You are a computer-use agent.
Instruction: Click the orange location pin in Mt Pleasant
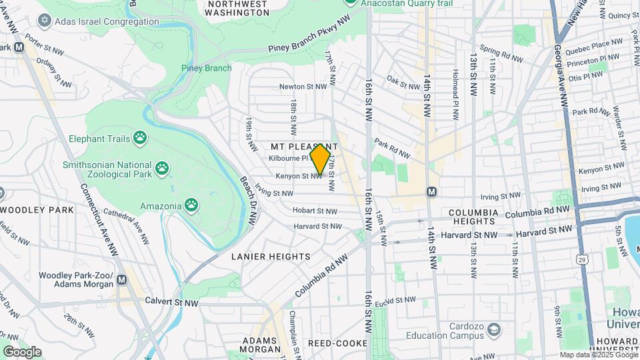coord(321,159)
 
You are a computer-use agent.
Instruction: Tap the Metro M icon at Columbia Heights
coord(431,191)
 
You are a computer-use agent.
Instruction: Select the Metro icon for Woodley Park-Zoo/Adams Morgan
coord(121,280)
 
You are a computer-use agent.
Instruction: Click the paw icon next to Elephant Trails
coord(139,138)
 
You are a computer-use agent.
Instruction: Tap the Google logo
coord(22,351)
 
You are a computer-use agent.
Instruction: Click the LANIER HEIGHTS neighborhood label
coord(271,257)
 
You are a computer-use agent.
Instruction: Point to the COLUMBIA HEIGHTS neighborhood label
coord(473,217)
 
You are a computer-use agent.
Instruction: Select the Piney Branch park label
coord(207,68)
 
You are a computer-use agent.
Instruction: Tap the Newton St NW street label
coord(303,87)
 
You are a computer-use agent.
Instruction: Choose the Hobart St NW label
coord(315,211)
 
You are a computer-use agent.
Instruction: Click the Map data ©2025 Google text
coord(598,355)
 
